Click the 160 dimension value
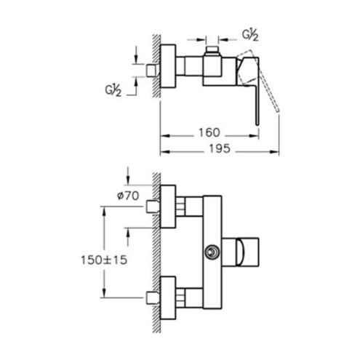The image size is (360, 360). [x=209, y=132]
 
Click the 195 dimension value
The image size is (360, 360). [x=220, y=148]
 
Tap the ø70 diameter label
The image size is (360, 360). [x=128, y=196]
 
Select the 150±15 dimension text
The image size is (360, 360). [x=104, y=260]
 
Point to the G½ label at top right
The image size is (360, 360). [x=250, y=36]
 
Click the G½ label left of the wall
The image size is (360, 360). [x=113, y=91]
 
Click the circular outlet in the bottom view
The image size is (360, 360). [x=212, y=252]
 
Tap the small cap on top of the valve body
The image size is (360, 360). [x=212, y=49]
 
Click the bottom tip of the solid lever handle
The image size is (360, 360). [x=257, y=124]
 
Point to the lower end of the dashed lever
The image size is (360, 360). [x=278, y=111]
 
